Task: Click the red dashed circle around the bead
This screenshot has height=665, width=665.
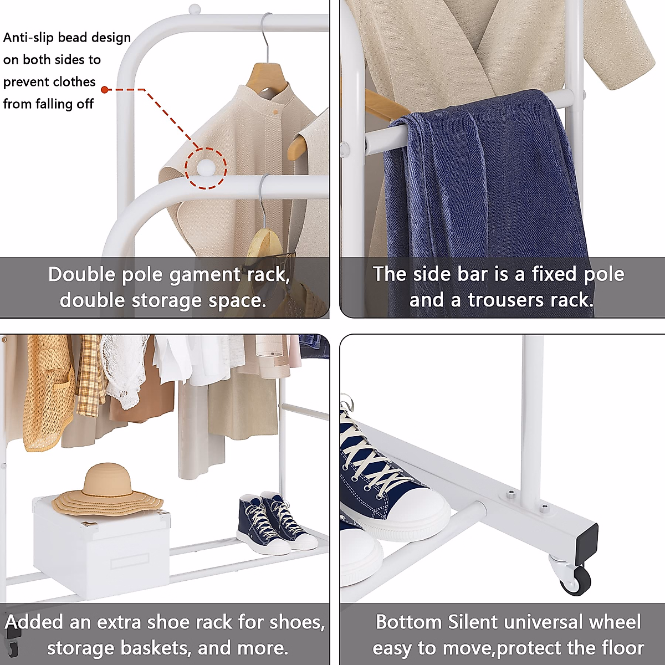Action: (206, 168)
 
